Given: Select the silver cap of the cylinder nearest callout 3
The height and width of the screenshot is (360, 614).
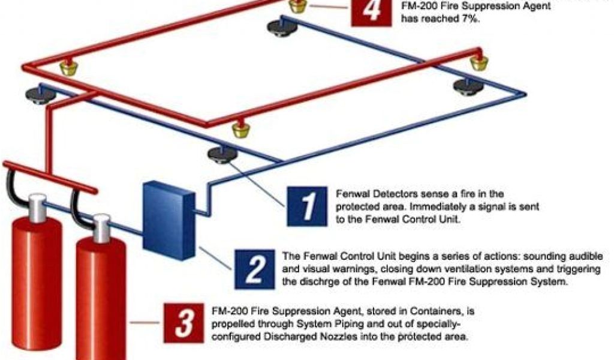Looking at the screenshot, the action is coord(101,229).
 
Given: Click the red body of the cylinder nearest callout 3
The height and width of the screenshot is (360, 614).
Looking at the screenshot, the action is coord(101,300).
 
